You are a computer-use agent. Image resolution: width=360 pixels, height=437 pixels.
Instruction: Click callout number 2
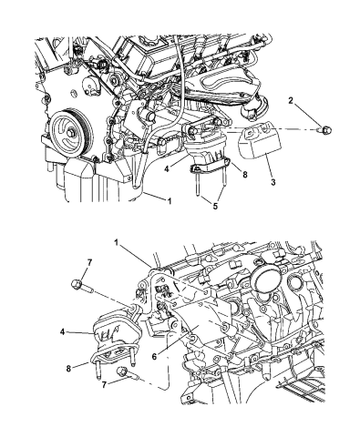(x=291, y=100)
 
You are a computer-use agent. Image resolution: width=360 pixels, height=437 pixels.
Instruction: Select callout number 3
(x=273, y=182)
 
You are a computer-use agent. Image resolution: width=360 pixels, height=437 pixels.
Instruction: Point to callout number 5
(x=215, y=207)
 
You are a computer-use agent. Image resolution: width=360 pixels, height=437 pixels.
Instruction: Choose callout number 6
(x=154, y=357)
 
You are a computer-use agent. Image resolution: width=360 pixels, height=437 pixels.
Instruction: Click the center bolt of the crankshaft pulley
(x=71, y=132)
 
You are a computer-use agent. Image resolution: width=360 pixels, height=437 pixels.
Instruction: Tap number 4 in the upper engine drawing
(x=167, y=168)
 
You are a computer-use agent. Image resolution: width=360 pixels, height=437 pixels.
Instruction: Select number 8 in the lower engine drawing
(x=68, y=369)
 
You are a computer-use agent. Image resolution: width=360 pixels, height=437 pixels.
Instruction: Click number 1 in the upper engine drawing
(x=170, y=200)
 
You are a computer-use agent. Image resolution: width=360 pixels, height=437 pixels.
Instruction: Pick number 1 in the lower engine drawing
(x=116, y=242)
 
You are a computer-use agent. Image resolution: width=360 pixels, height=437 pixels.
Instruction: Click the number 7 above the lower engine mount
(x=89, y=263)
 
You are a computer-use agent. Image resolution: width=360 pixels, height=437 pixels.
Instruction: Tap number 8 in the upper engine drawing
(x=245, y=174)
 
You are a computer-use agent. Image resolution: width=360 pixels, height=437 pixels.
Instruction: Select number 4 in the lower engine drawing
(x=62, y=332)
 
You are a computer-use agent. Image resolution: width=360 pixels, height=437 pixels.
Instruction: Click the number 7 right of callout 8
(x=104, y=385)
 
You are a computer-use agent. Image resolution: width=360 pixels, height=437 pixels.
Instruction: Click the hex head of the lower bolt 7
(x=122, y=371)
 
